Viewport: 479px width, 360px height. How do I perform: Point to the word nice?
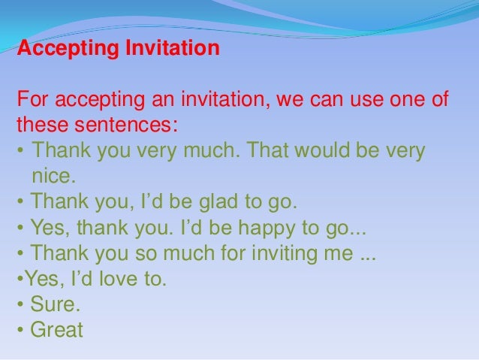click(x=54, y=177)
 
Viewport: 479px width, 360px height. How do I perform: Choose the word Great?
click(x=56, y=330)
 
